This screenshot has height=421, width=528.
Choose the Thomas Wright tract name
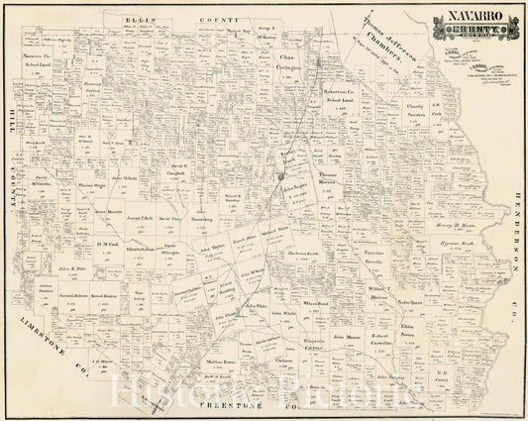tap(91, 185)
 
